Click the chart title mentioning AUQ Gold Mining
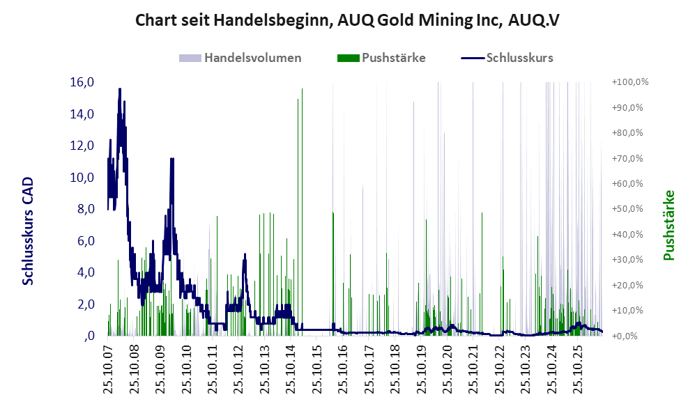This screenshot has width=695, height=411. (347, 20)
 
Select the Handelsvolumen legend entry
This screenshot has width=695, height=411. (240, 58)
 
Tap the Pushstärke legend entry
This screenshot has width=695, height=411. (381, 58)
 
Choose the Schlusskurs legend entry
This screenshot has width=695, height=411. (507, 58)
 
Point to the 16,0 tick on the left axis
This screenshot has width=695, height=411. (82, 82)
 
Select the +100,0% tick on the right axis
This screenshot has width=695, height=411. (630, 82)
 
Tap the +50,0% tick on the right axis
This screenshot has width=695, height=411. (627, 208)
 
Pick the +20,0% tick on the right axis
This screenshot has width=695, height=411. (627, 285)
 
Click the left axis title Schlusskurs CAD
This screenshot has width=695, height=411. (28, 231)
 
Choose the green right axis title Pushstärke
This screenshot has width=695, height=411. (669, 225)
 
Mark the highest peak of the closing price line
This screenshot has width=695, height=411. (120, 89)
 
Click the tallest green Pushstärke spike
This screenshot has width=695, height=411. (303, 89)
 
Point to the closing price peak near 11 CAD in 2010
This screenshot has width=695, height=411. (172, 159)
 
